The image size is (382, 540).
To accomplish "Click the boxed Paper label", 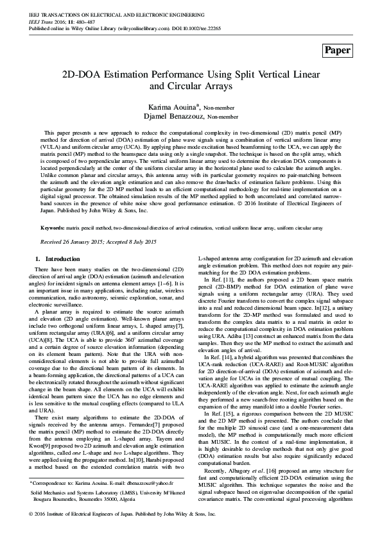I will tap(338, 50).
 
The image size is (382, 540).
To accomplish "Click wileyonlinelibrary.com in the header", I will tap(125, 29).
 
